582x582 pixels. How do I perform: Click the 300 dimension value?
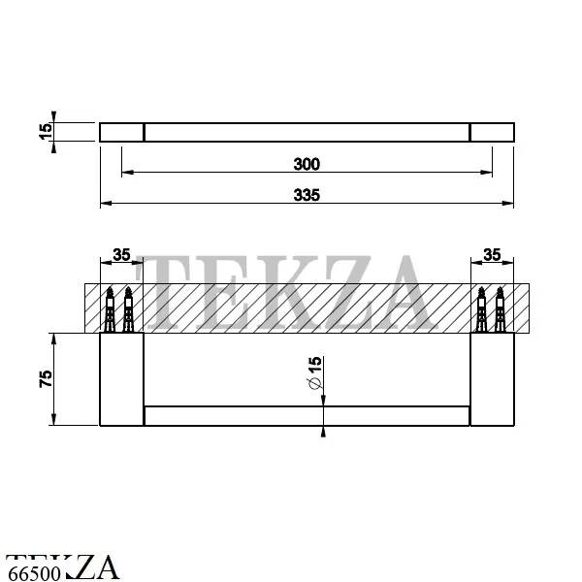[307, 164]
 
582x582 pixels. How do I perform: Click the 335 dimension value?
[307, 195]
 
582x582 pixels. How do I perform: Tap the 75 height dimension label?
[46, 378]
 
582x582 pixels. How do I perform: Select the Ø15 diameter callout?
[314, 372]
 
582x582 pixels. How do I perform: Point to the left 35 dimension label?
[121, 254]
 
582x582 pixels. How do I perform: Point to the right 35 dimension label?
[492, 254]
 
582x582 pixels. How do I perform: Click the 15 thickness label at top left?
[46, 131]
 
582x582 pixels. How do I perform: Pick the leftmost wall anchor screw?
[110, 309]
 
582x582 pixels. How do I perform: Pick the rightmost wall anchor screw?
[500, 309]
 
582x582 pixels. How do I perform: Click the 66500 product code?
[34, 573]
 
